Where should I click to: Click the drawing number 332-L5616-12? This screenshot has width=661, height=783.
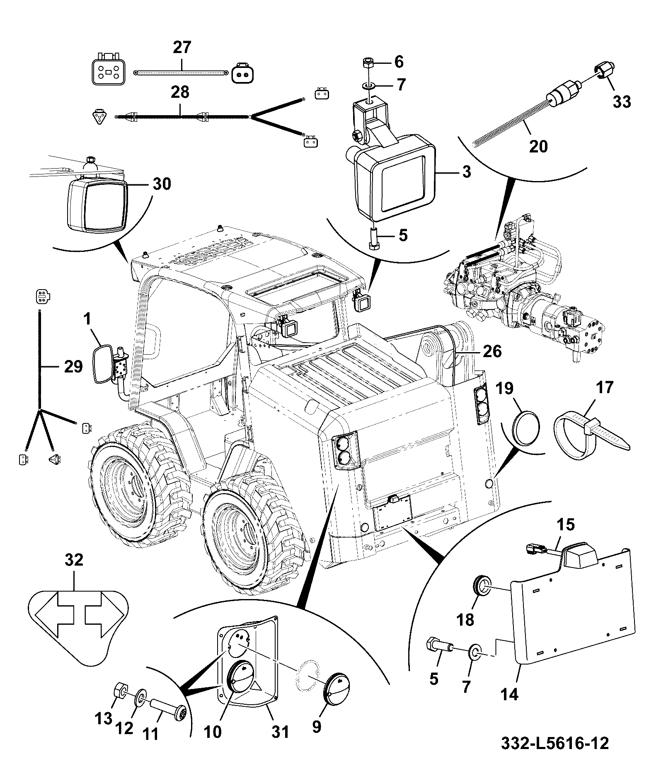pyautogui.click(x=555, y=744)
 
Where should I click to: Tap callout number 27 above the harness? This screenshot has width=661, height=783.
pyautogui.click(x=182, y=47)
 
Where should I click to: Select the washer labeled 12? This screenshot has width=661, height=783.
pyautogui.click(x=140, y=698)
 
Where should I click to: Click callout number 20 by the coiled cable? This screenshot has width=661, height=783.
pyautogui.click(x=538, y=146)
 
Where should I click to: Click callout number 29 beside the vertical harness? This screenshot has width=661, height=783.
pyautogui.click(x=73, y=367)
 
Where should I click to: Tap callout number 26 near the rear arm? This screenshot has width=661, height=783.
pyautogui.click(x=492, y=351)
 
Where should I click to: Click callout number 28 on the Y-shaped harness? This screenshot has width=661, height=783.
pyautogui.click(x=179, y=92)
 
